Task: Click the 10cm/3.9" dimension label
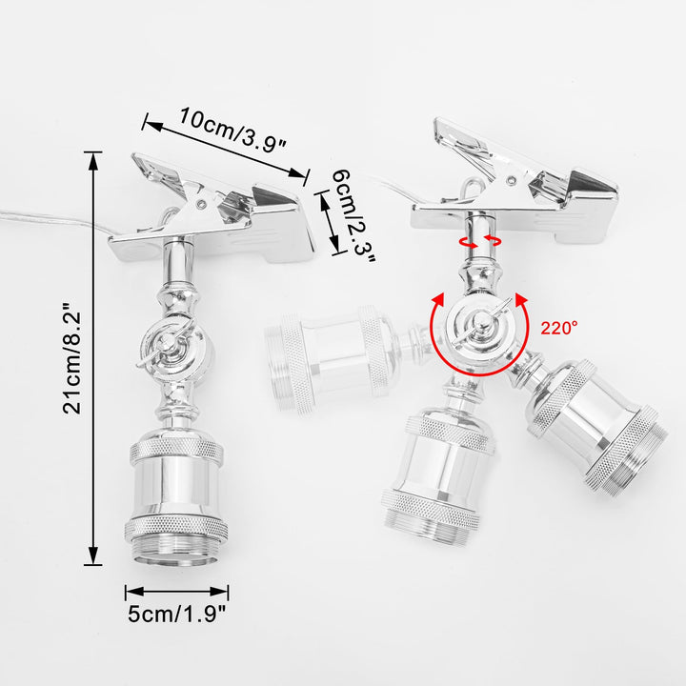(232, 130)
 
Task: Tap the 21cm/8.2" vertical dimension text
(71, 358)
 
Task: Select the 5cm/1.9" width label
(177, 614)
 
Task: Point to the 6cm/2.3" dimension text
(353, 216)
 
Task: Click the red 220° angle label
(559, 328)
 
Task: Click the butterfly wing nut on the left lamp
(165, 343)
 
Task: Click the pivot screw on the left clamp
(201, 204)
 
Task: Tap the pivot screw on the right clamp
(511, 179)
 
